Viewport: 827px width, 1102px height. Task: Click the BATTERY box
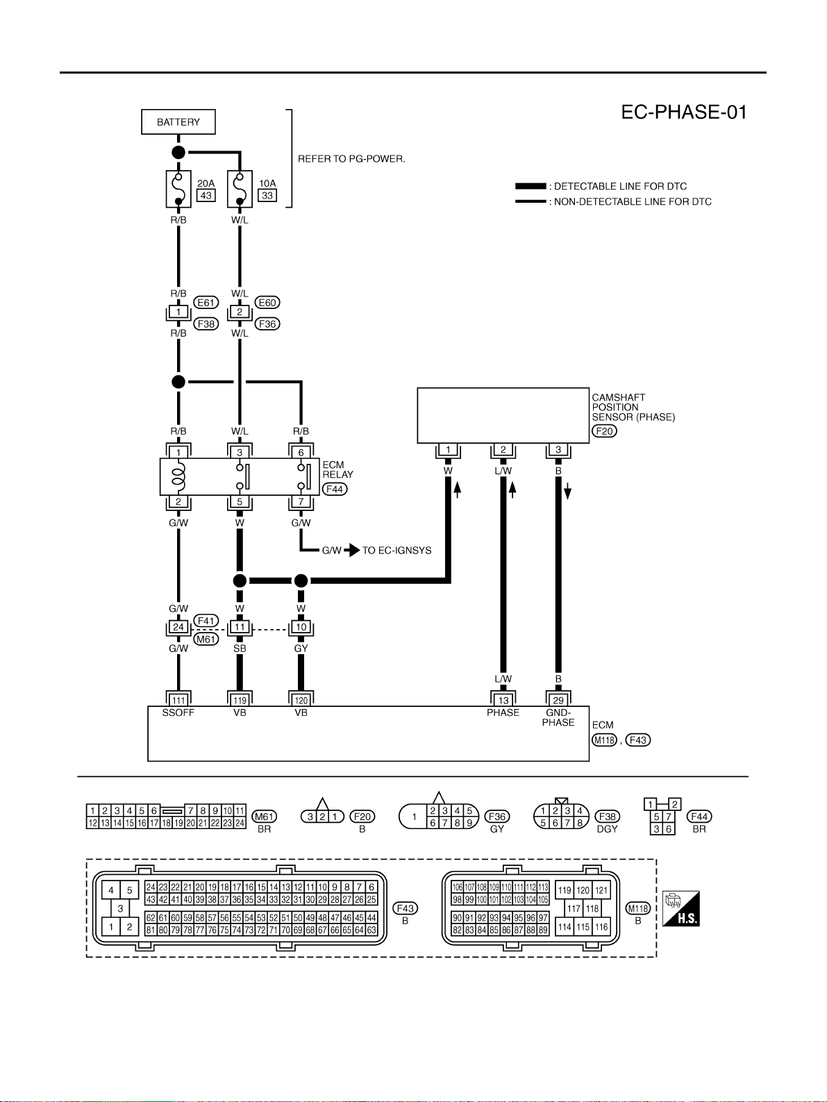[x=178, y=122]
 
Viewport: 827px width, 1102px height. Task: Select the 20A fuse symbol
[x=178, y=189]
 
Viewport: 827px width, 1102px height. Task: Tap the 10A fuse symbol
[x=240, y=189]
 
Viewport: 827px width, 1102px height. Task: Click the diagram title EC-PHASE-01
[x=684, y=112]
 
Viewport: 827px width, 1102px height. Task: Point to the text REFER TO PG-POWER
[x=351, y=158]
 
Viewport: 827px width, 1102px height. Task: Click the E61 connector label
[x=206, y=303]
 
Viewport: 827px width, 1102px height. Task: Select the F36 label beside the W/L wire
[x=267, y=324]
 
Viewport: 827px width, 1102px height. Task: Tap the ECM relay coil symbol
[x=178, y=476]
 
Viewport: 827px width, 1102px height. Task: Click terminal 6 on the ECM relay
[x=301, y=452]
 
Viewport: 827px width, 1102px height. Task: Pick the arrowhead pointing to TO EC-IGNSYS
[x=353, y=550]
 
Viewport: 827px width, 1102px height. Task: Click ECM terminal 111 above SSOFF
[x=178, y=701]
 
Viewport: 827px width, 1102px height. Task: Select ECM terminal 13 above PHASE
[x=503, y=701]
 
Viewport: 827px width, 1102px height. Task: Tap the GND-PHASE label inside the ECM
[x=558, y=717]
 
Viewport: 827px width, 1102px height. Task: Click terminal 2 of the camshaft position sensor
[x=503, y=450]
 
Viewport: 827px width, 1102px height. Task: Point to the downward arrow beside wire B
[x=567, y=492]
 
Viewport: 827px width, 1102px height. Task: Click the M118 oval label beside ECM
[x=604, y=740]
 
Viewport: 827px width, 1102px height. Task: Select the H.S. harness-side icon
[x=681, y=909]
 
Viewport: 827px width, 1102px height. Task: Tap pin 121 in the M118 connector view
[x=601, y=890]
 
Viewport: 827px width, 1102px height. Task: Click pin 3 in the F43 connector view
[x=120, y=908]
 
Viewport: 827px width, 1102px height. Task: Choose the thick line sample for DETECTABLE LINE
[x=531, y=186]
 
